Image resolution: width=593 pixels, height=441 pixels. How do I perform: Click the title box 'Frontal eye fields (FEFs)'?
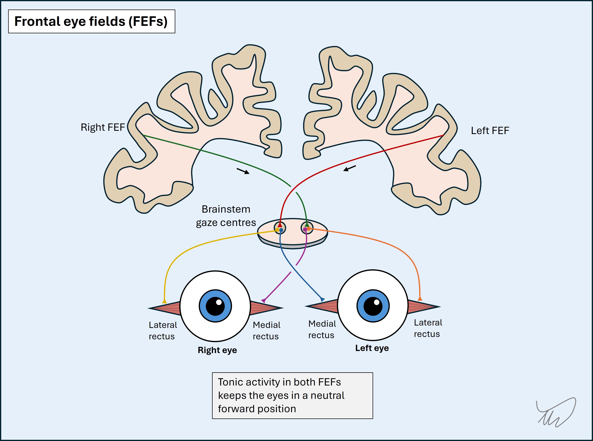click(91, 21)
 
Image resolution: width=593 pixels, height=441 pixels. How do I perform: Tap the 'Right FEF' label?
click(103, 127)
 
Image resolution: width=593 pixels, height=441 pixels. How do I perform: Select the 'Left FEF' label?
click(490, 131)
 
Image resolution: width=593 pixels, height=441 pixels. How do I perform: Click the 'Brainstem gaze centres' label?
click(226, 216)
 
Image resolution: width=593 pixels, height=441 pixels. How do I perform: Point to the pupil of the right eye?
click(215, 306)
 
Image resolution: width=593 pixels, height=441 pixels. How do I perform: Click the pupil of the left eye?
click(373, 306)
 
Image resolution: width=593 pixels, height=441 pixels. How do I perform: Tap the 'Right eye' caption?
click(217, 350)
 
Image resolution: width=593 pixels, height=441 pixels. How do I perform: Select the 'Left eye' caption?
click(372, 348)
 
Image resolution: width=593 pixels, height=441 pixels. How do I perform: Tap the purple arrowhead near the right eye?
click(264, 301)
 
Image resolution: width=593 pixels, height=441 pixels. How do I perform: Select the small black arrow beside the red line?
click(349, 168)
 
